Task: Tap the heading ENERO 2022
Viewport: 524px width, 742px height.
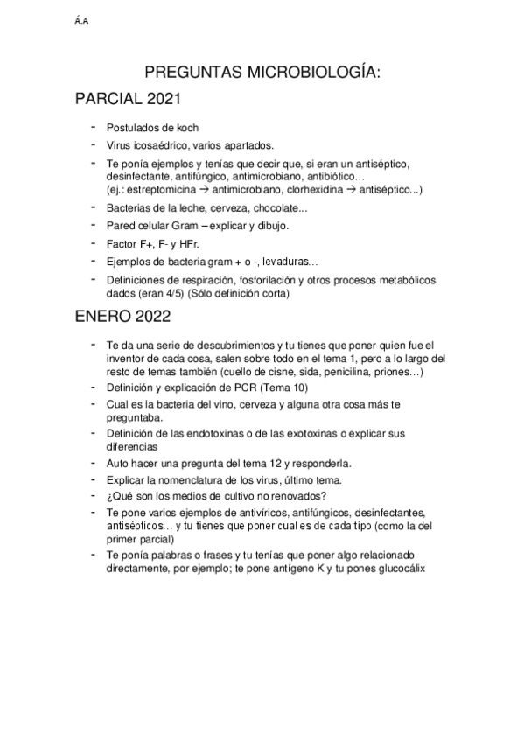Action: tap(122, 317)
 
